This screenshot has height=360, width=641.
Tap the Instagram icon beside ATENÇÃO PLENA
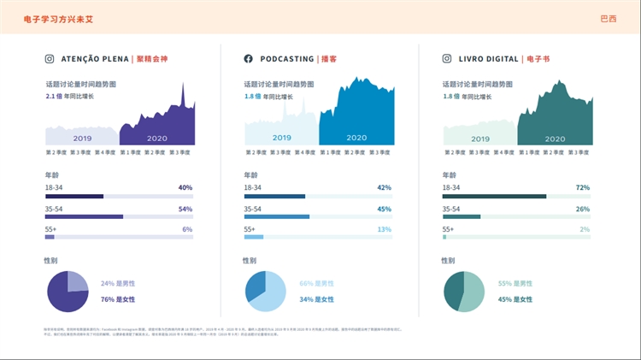click(50, 59)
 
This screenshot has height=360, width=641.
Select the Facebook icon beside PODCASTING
click(249, 59)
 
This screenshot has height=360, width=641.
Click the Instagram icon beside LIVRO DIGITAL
click(447, 59)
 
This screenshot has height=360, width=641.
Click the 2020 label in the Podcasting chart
click(356, 138)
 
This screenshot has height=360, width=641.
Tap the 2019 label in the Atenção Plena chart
click(82, 138)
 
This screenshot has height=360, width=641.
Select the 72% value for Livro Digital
click(583, 186)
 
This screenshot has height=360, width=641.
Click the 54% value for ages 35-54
click(185, 209)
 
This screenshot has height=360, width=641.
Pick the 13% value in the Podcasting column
click(385, 229)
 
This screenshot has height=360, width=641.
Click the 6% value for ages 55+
click(187, 229)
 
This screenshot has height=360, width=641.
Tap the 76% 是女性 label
click(118, 299)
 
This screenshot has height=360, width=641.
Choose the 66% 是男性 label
click(316, 283)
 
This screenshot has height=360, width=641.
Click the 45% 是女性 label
click(515, 299)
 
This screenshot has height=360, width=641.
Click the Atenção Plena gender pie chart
click(67, 291)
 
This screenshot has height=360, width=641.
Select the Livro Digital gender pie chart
click(464, 291)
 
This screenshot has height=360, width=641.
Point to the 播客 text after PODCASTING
click(328, 59)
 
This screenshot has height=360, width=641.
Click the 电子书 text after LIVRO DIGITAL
click(538, 59)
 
